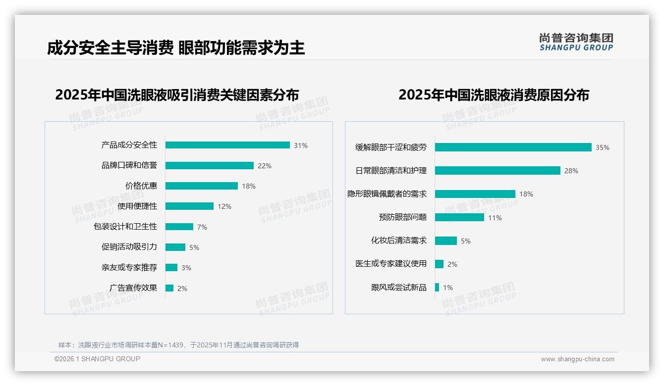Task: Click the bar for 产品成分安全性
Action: (227, 145)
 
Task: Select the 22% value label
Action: (264, 166)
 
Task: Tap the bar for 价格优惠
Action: (201, 186)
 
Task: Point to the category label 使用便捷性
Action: (137, 206)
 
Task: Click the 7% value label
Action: (202, 227)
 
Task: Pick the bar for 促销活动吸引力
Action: (175, 247)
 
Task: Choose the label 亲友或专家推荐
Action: (129, 268)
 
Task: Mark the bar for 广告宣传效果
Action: (169, 288)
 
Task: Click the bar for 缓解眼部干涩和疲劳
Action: (513, 147)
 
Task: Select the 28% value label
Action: (571, 171)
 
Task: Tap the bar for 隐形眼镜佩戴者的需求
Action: (475, 194)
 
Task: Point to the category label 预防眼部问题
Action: (403, 217)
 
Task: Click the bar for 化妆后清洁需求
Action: (446, 241)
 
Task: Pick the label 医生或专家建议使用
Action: (391, 264)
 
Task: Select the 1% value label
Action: (448, 288)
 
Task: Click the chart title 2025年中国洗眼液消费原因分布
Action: (494, 95)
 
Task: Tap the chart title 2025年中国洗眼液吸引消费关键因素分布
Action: (177, 95)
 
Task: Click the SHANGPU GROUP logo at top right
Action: (576, 42)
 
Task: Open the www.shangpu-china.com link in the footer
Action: (577, 359)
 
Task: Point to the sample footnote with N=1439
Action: (178, 345)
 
